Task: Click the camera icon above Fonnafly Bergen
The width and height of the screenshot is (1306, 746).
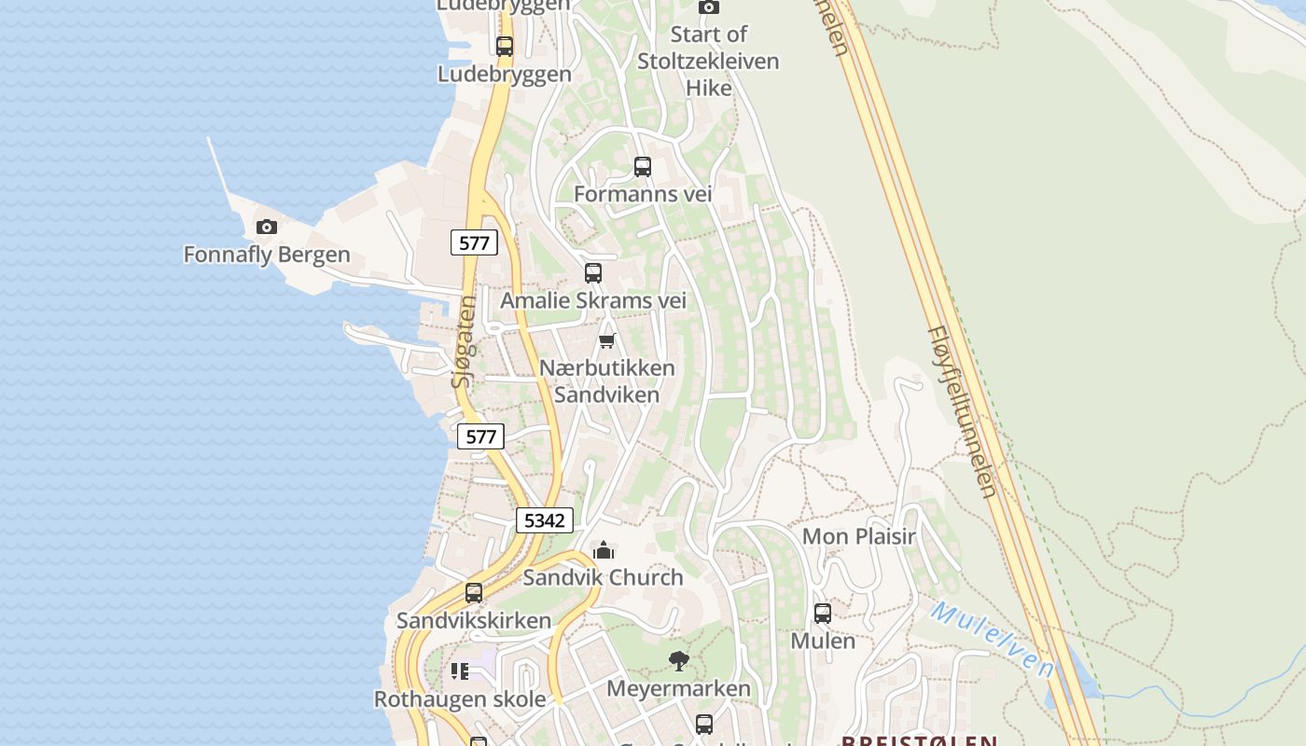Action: [x=267, y=227]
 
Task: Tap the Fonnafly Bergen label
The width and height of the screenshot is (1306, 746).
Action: [x=267, y=255]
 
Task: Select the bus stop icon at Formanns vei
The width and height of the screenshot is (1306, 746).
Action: [x=643, y=167]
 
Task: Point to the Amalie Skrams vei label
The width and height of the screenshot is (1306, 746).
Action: [x=593, y=300]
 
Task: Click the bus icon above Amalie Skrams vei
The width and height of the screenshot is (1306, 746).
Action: [x=593, y=273]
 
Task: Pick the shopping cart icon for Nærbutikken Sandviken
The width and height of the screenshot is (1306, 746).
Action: [x=607, y=340]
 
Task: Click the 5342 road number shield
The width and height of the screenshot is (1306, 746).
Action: [x=544, y=520]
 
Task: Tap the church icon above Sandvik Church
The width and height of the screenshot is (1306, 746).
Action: [x=604, y=550]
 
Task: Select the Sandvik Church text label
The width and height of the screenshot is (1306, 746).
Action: [x=603, y=577]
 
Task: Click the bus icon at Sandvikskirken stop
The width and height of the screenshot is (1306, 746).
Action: [x=474, y=593]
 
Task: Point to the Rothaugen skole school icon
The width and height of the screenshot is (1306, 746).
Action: [x=460, y=671]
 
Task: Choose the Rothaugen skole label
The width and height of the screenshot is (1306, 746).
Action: [x=460, y=698]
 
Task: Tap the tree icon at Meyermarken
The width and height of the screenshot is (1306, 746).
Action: [x=679, y=661]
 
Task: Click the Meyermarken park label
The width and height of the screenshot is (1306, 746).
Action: [x=678, y=689]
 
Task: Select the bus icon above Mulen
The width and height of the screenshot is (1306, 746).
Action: [x=823, y=614]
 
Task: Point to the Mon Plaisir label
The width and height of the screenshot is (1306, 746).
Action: [x=859, y=536]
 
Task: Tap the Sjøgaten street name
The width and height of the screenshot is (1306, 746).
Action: [x=464, y=342]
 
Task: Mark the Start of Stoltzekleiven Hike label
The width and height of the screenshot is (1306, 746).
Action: [x=708, y=62]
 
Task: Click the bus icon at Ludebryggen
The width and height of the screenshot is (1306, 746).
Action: [x=505, y=46]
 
